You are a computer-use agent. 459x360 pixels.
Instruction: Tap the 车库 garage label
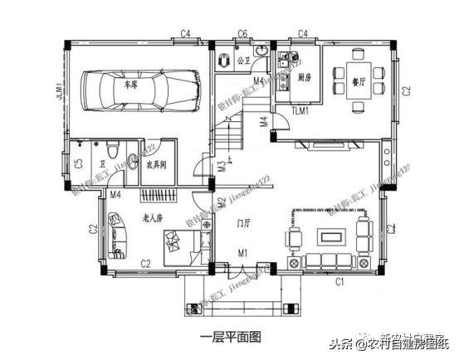point(131,85)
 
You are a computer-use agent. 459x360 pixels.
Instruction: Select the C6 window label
point(242,33)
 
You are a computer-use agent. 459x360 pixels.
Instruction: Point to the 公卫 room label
point(243,61)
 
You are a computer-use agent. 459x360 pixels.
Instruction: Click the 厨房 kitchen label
point(304,78)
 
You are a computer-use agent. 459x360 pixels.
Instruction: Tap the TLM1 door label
point(300,110)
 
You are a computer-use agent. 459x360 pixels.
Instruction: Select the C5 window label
point(77,164)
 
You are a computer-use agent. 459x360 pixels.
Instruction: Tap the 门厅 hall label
point(244,223)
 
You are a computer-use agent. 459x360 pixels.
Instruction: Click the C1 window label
point(339,282)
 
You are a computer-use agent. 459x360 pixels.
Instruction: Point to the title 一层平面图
point(231,337)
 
